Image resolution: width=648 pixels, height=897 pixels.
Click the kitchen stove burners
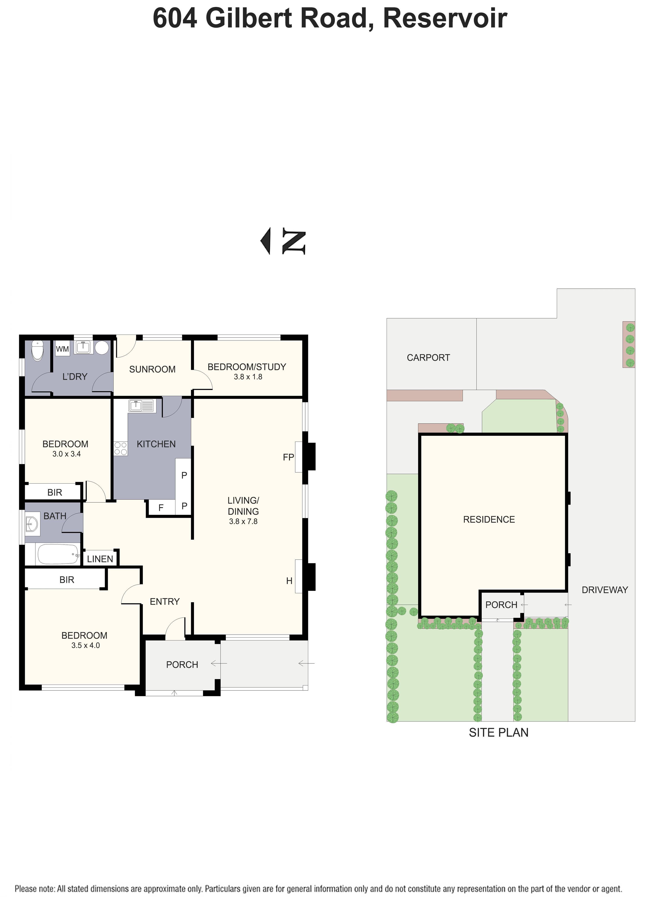tap(121, 449)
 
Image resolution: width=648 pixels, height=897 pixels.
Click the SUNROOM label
tap(152, 369)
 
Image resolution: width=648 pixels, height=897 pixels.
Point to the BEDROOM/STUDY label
tap(247, 367)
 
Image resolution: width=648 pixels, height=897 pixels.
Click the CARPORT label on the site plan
tap(428, 358)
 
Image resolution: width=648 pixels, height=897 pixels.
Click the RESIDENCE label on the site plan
tap(489, 520)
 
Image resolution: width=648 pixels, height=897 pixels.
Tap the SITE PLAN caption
tap(498, 733)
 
